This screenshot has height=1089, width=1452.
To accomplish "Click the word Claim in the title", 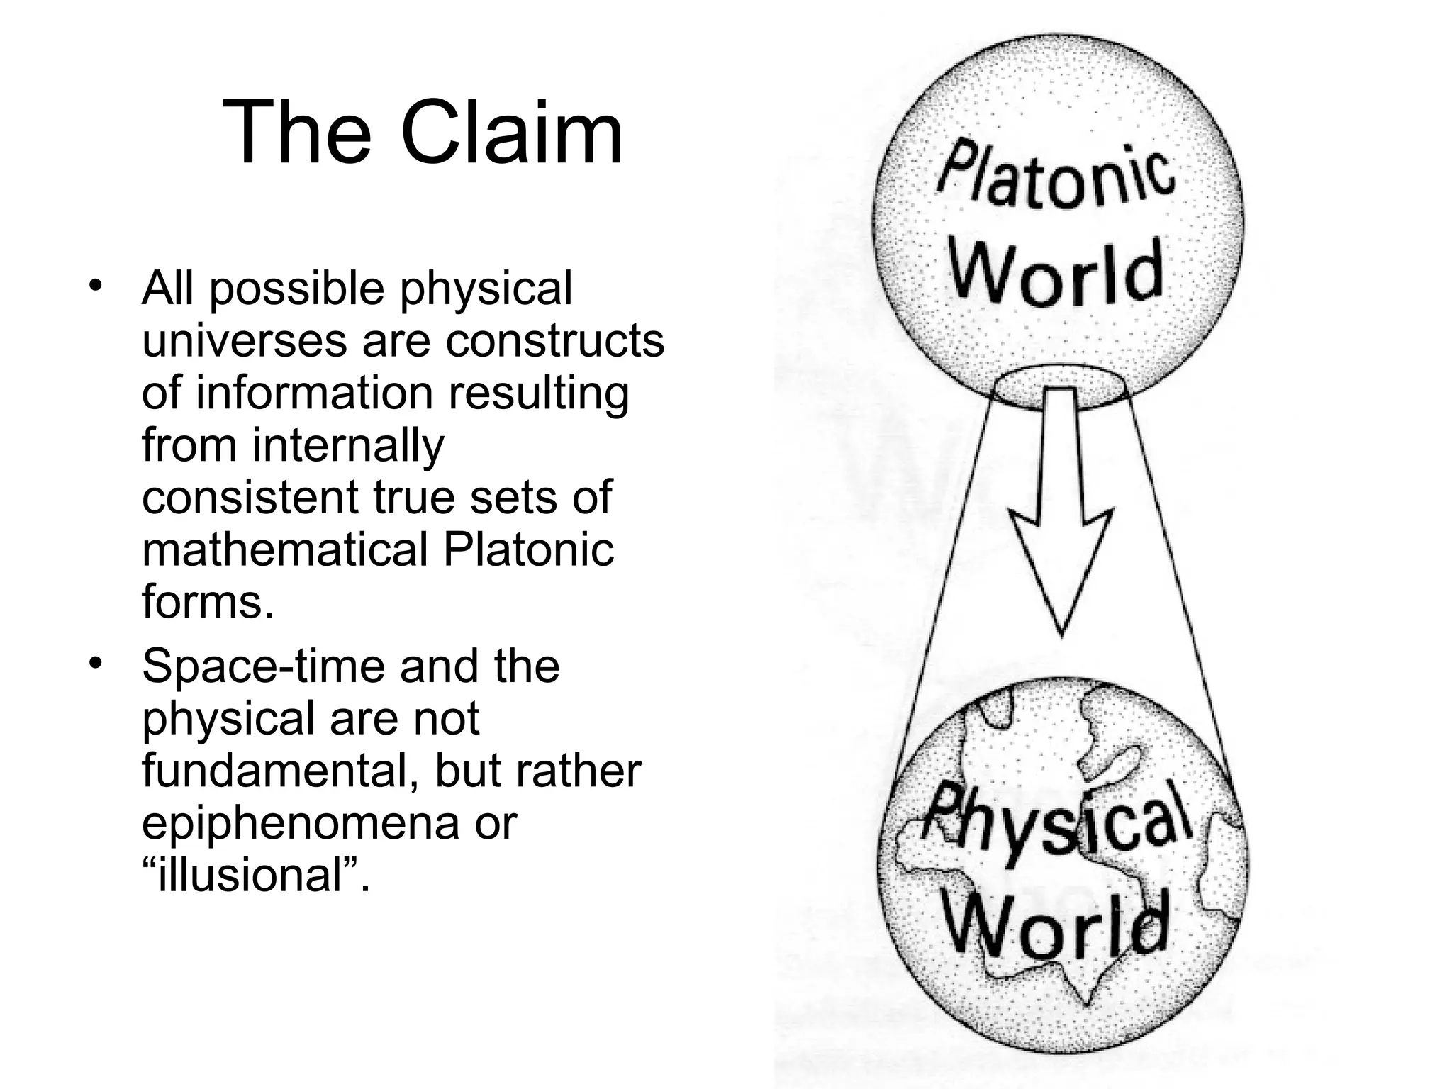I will pyautogui.click(x=511, y=133).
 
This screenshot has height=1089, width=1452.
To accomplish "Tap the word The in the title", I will pyautogui.click(x=297, y=133).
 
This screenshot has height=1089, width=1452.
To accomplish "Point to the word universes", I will pyautogui.click(x=245, y=341).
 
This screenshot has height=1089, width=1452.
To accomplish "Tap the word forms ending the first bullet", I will pyautogui.click(x=207, y=603).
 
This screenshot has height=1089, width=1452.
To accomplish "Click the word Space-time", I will pyautogui.click(x=263, y=666).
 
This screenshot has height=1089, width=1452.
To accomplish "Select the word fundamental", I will pyautogui.click(x=281, y=771).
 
